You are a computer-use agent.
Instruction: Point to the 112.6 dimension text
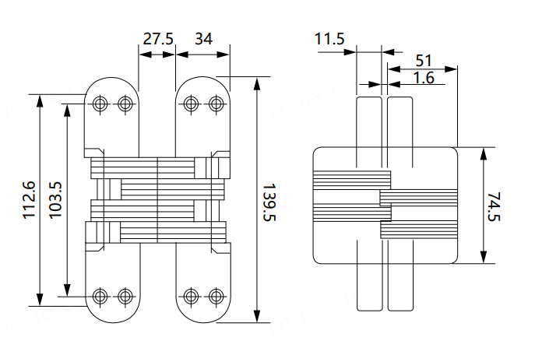pos(30,200)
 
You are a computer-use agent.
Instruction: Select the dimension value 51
pos(424,60)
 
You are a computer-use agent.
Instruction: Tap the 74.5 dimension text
pos(494,206)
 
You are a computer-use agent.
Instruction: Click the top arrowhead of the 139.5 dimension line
pos(258,82)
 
